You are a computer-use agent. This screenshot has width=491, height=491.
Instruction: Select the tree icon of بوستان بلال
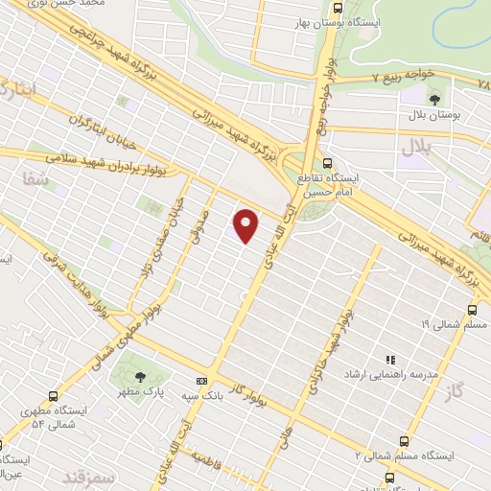[x=435, y=98]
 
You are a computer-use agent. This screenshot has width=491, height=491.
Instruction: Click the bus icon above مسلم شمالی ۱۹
[x=471, y=310]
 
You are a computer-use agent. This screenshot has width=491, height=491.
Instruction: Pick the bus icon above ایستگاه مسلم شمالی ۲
[x=404, y=440]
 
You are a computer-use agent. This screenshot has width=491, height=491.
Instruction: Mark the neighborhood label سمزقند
[x=88, y=477]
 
